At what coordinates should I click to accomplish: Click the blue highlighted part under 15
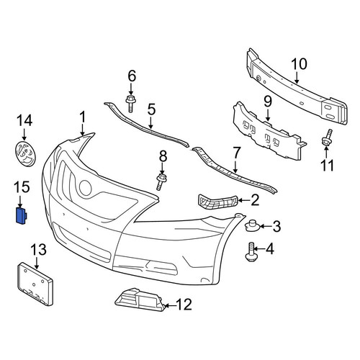(x=21, y=216)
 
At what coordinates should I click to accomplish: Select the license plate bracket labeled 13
(x=35, y=284)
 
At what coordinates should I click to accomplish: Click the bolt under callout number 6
(x=130, y=104)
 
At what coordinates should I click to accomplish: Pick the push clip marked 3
(x=251, y=226)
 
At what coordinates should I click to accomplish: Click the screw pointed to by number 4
(x=251, y=252)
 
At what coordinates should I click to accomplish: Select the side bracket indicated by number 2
(x=217, y=202)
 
